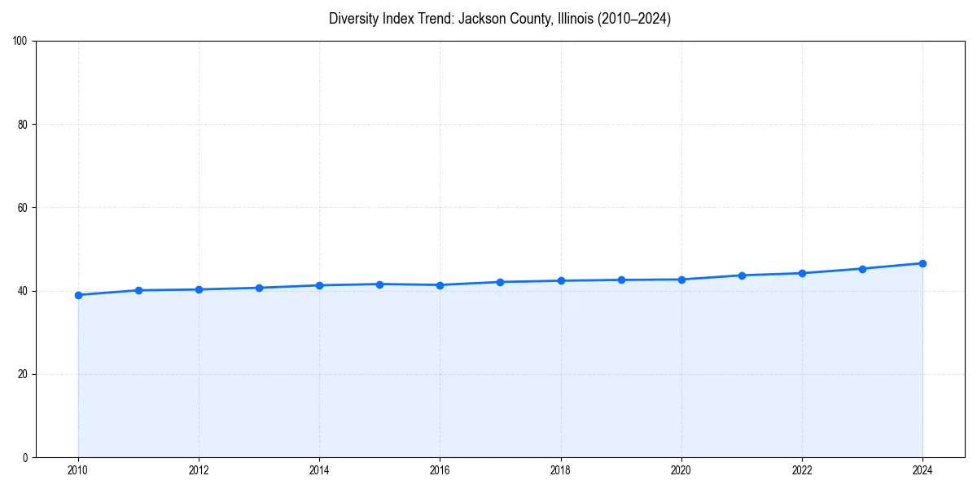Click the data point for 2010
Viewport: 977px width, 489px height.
click(78, 295)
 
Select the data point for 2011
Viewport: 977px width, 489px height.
click(138, 290)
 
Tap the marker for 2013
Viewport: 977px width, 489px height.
click(259, 288)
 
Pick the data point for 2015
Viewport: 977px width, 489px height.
click(379, 284)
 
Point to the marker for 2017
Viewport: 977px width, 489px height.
click(500, 282)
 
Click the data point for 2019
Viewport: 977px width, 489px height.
click(621, 280)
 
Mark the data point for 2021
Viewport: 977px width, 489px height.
click(742, 275)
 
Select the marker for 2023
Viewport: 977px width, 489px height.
click(862, 269)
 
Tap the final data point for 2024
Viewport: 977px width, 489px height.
click(922, 263)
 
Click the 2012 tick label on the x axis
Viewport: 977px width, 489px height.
click(199, 470)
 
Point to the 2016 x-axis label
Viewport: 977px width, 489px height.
click(440, 470)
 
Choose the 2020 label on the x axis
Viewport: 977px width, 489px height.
click(681, 470)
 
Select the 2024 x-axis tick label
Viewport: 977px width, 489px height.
click(922, 470)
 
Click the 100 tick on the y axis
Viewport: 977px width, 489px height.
click(20, 42)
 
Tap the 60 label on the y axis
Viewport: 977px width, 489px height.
click(23, 208)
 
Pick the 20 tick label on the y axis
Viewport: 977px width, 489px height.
click(23, 374)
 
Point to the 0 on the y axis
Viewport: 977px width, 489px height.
click(25, 457)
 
